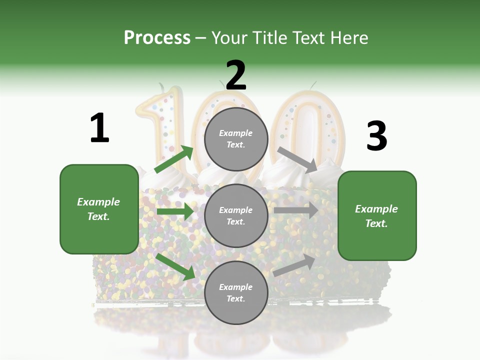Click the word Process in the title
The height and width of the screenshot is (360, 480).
point(157,37)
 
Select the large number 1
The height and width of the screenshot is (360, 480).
point(99,128)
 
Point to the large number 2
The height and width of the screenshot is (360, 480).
point(236,75)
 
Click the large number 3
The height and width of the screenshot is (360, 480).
point(376,136)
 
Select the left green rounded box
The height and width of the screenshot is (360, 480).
point(99,209)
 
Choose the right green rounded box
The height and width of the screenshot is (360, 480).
point(377,216)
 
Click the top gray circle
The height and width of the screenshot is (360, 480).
point(236,139)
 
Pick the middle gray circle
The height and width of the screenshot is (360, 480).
point(236,215)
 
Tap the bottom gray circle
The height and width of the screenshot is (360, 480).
point(236,292)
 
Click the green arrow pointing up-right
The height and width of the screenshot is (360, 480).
point(174,159)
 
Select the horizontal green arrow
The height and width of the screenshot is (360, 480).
point(175,211)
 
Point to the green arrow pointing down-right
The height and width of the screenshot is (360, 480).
point(175,266)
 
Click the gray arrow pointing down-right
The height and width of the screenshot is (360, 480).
point(297,159)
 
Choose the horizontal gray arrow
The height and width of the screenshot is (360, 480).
point(295,210)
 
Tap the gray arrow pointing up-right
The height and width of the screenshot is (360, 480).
point(294,265)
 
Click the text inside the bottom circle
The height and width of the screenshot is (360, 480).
point(236,292)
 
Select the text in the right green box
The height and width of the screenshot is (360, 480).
point(376,216)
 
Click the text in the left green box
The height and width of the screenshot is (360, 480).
point(98,209)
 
